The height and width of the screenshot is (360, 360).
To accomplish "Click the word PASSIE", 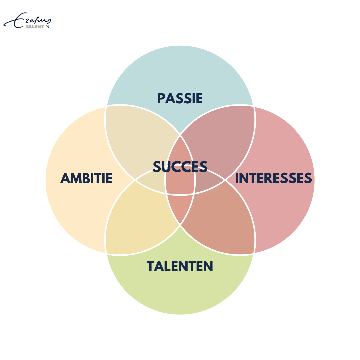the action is click(x=180, y=98).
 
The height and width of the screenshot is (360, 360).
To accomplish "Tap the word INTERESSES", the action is click(x=273, y=178).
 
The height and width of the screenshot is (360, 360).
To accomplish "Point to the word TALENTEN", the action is click(x=180, y=266).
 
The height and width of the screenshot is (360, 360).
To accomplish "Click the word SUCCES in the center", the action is click(x=180, y=166).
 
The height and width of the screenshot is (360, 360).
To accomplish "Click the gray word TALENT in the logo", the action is click(x=35, y=27).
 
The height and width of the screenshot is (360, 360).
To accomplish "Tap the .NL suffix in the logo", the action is click(x=48, y=27).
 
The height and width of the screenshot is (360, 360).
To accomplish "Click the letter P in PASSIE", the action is click(x=161, y=98).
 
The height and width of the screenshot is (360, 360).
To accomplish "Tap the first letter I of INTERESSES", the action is click(x=237, y=178).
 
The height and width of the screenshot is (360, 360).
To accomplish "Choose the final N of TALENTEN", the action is click(x=208, y=266).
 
